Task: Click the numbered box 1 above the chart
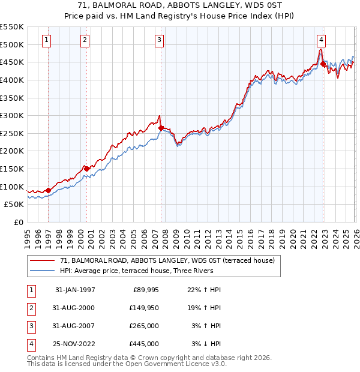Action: (x=47, y=40)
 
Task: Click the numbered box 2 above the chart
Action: (x=85, y=40)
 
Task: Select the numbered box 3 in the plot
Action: (x=160, y=40)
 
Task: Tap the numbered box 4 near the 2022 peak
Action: (x=322, y=40)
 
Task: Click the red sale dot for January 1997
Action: (x=49, y=190)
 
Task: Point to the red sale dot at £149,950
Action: (x=86, y=169)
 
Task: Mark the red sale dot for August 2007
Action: (x=161, y=128)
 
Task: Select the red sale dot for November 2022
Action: (x=323, y=64)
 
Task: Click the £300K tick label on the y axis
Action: (x=13, y=115)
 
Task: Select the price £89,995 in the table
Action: (x=145, y=290)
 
